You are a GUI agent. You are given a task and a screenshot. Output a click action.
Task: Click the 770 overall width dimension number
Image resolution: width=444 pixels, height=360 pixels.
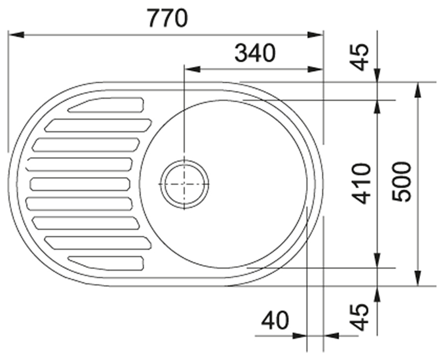click(168, 18)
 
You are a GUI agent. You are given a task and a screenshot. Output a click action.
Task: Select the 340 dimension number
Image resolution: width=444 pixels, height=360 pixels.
click(255, 53)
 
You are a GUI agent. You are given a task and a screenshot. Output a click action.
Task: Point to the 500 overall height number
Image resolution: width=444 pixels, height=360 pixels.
click(401, 181)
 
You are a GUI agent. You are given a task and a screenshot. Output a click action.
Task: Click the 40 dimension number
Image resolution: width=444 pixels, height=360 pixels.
click(275, 321)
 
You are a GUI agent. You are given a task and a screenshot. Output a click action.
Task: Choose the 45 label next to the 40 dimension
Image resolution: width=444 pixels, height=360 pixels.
click(360, 317)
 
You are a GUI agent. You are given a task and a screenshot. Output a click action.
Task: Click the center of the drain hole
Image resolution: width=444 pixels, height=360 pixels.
click(185, 184)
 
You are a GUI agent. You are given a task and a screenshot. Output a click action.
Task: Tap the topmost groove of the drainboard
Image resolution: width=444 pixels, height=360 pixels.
click(106, 105)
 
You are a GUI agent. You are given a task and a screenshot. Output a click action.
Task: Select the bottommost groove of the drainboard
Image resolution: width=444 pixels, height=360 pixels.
click(106, 263)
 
